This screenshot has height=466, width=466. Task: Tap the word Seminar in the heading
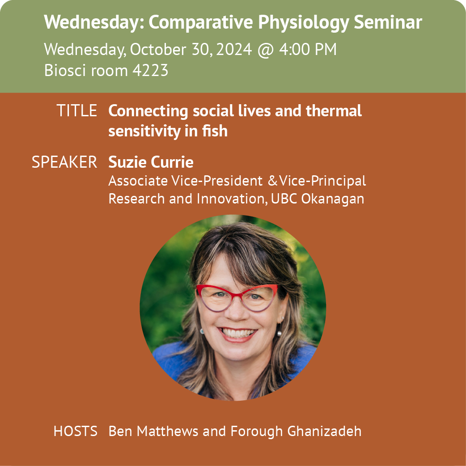pos(388,22)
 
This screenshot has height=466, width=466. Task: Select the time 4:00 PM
pos(308,49)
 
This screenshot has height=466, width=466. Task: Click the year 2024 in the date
pos(234,49)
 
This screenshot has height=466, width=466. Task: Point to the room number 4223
pos(150,70)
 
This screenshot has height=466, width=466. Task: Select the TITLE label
pos(77,110)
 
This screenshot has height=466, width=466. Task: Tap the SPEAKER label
pos(64,162)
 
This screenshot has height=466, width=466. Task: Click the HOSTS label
pos(76,431)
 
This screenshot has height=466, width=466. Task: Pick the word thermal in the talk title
pos(334,110)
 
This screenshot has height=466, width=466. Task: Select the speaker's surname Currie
pos(172,162)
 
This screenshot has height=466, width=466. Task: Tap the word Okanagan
pos(333,199)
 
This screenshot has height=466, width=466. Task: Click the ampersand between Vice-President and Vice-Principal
pos(272,181)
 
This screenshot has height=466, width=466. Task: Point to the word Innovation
pos(230,199)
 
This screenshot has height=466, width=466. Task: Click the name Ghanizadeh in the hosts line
pos(324,431)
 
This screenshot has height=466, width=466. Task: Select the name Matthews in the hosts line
pos(167,431)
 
